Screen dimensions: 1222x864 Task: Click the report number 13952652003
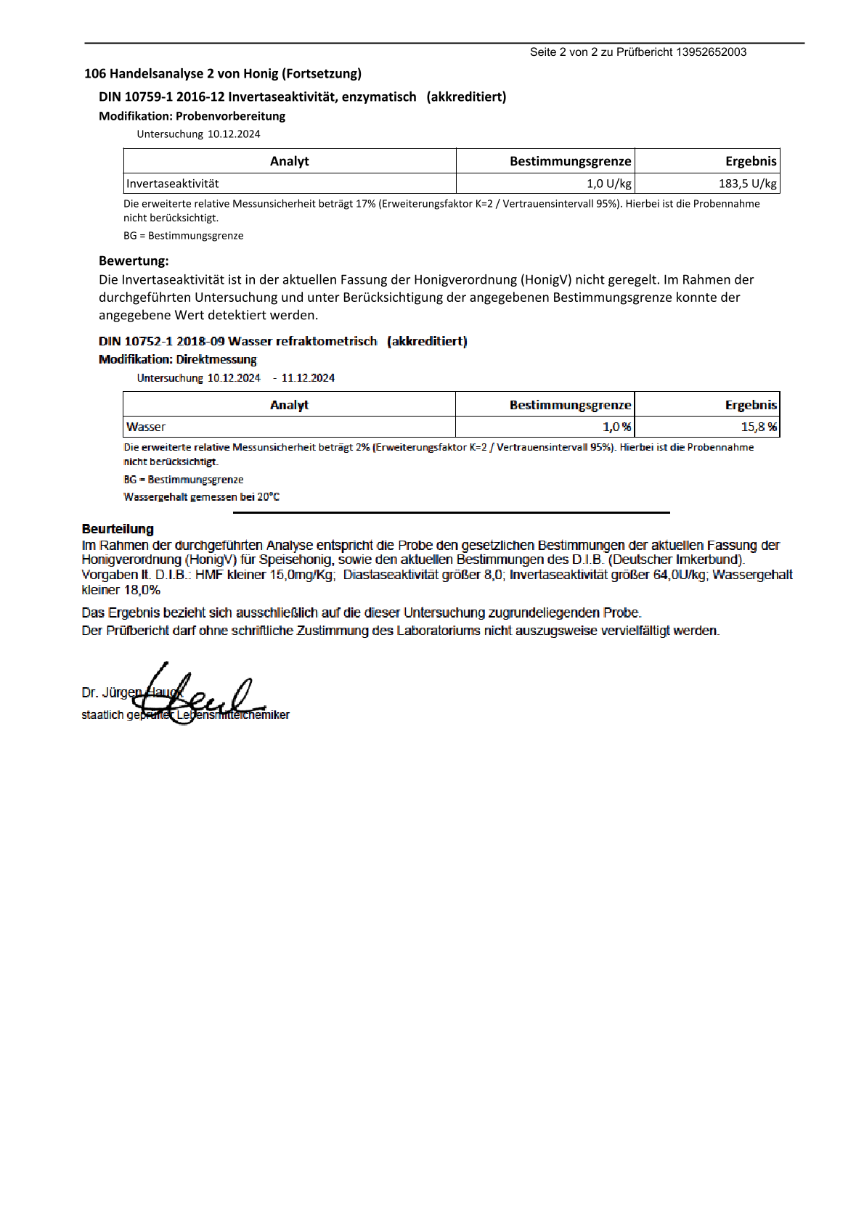coord(711,52)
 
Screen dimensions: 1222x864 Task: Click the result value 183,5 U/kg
coord(747,184)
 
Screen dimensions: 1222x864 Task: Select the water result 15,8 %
coord(758,427)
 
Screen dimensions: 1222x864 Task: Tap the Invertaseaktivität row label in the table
coord(173,184)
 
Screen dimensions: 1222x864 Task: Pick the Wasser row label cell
coord(146,427)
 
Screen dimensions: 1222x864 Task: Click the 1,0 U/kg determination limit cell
coord(608,184)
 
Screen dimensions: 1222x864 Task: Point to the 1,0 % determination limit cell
coord(616,427)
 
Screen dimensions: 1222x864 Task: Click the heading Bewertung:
coord(134,261)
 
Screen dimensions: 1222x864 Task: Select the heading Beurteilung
coord(118,529)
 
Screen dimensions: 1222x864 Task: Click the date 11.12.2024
coord(308,378)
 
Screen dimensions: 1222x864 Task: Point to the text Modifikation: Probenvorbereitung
coord(192,116)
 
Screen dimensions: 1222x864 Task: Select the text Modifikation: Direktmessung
coord(177,359)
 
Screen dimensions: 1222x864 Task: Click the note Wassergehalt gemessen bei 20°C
coord(201,497)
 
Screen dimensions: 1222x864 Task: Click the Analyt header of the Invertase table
coord(289,161)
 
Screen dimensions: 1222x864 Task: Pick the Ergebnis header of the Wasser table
coord(751,405)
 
